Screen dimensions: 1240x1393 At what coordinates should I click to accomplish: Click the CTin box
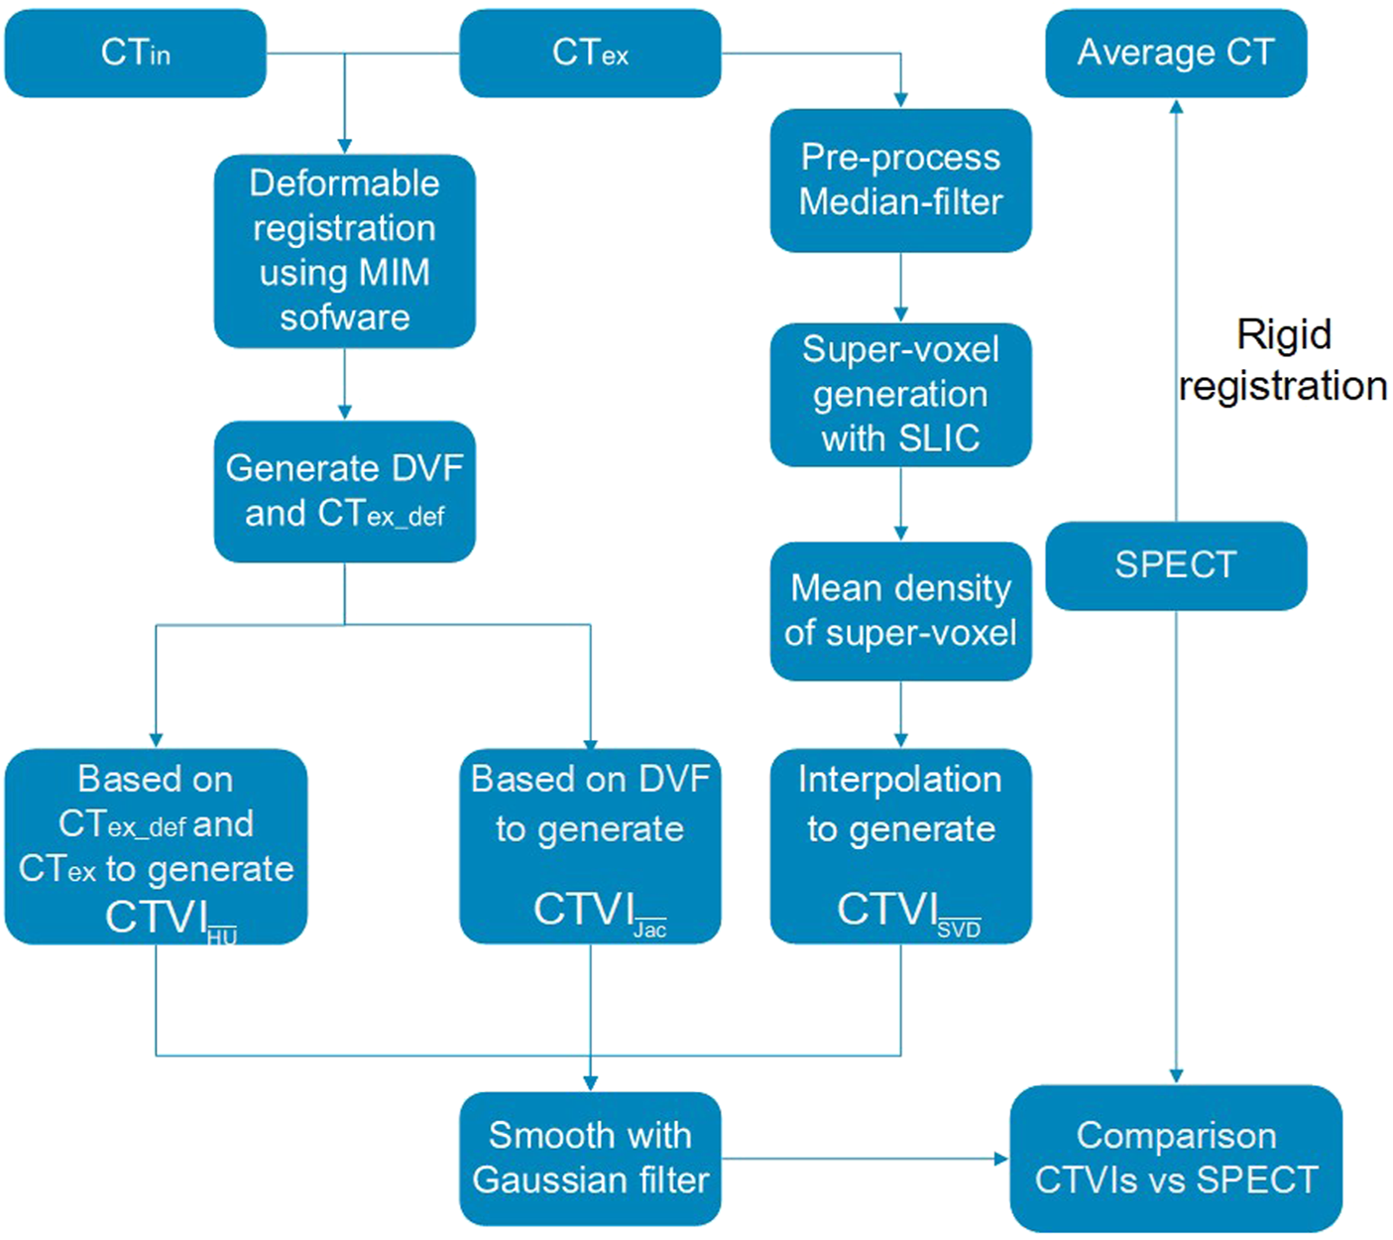tap(135, 54)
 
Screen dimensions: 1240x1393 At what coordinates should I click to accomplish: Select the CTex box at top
tap(590, 54)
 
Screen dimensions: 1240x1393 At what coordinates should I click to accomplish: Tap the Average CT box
tap(1176, 54)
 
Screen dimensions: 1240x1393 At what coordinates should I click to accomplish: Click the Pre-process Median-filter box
tap(900, 180)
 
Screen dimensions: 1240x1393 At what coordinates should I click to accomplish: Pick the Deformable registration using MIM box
tap(344, 250)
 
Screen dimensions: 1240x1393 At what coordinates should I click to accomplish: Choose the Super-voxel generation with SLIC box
tap(900, 394)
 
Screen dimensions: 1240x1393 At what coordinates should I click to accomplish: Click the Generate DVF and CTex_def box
tap(344, 491)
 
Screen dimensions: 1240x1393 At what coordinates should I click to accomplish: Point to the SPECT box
tap(1176, 565)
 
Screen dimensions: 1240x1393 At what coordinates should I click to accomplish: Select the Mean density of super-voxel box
tap(900, 611)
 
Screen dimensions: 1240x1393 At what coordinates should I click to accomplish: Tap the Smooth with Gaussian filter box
tap(590, 1158)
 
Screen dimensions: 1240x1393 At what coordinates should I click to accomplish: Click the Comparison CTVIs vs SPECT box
tap(1176, 1158)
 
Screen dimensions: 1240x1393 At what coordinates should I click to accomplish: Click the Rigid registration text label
tap(1283, 360)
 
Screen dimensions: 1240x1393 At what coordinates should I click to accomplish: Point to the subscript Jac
tap(649, 930)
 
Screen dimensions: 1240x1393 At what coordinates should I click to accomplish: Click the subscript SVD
tap(959, 930)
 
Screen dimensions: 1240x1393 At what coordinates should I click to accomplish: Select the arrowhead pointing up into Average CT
tap(1176, 106)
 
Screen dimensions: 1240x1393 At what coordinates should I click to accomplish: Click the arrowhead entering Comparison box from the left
tap(1001, 1158)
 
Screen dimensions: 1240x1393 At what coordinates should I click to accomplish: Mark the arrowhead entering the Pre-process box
tap(900, 100)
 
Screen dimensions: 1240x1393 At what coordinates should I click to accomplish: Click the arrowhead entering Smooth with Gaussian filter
tap(590, 1083)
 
